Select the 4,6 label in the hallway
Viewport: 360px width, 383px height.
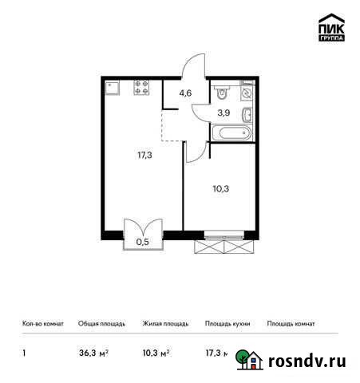point(185,93)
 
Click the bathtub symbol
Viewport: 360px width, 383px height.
point(232,133)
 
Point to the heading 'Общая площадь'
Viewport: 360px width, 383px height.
point(101,324)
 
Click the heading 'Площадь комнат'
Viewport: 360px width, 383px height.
point(291,324)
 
